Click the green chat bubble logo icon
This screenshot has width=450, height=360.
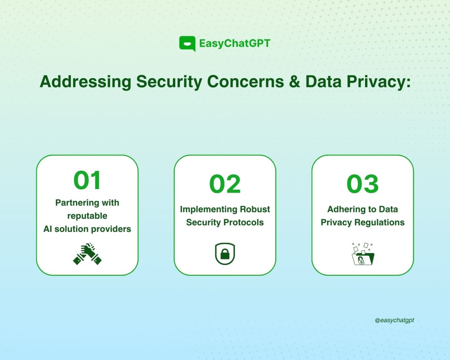(x=187, y=44)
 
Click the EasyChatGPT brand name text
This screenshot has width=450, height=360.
(x=235, y=44)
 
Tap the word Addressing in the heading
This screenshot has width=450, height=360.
(x=86, y=82)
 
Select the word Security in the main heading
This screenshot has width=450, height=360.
(x=169, y=82)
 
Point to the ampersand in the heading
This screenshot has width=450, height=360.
(x=295, y=82)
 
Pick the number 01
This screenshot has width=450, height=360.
(x=87, y=180)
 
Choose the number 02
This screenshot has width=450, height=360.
(x=225, y=184)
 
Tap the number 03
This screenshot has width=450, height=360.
(x=363, y=184)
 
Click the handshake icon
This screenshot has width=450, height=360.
(x=87, y=254)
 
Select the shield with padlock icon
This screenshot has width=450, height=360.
(x=225, y=254)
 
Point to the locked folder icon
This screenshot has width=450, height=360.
(x=363, y=254)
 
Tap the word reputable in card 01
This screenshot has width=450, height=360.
(x=87, y=216)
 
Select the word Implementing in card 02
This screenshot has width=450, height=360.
(x=209, y=210)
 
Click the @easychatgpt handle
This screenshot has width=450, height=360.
(x=394, y=320)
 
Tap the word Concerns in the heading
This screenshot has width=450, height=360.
(x=246, y=82)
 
